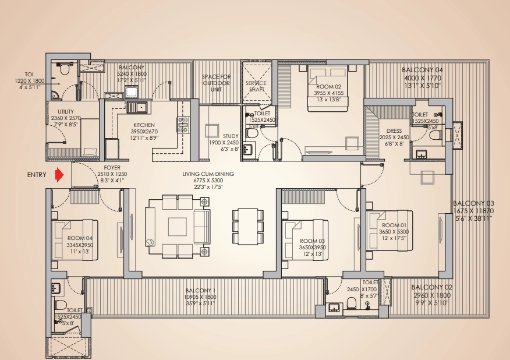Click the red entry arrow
point(59,175)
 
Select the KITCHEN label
point(144,125)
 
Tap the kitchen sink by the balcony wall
point(137,107)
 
